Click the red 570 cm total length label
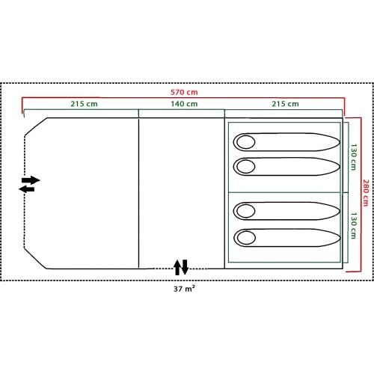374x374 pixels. [x=184, y=92]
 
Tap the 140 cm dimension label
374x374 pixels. [x=184, y=104]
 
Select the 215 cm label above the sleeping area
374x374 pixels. [x=285, y=104]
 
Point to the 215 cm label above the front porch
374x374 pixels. [x=84, y=104]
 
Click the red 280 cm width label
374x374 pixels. [x=366, y=193]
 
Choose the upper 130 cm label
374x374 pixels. [x=354, y=157]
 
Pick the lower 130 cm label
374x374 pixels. [x=354, y=226]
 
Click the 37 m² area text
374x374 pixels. [x=184, y=289]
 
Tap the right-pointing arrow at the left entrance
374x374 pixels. [x=31, y=180]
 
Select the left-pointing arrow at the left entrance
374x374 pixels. [x=27, y=189]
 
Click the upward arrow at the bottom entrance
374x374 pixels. [x=177, y=268]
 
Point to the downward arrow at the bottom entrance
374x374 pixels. [x=185, y=267]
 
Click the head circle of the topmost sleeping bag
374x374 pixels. [x=246, y=142]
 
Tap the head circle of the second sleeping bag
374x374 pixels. [x=246, y=166]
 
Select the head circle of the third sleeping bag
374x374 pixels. [x=246, y=211]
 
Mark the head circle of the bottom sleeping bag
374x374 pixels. [x=246, y=238]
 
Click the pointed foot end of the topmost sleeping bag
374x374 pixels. [x=340, y=142]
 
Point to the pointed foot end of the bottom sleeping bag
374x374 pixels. [x=340, y=238]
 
